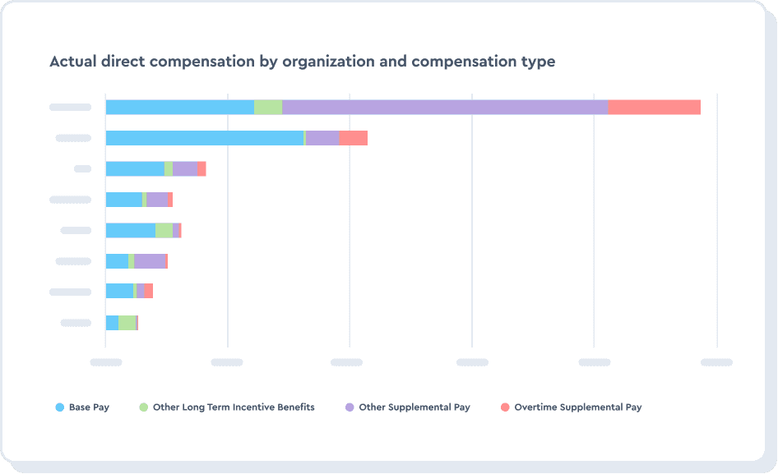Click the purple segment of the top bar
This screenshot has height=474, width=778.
pos(444,107)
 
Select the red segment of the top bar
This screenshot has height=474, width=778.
pos(654,107)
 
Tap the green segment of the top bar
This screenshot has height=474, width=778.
pos(268,107)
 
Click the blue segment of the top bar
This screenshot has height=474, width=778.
pos(179,107)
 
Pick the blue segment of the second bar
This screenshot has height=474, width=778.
pos(204,138)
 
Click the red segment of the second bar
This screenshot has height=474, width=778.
pos(353,138)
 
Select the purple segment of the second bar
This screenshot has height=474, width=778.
pos(322,138)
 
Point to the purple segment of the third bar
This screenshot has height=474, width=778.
pos(184,168)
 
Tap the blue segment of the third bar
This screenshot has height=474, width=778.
pos(135,168)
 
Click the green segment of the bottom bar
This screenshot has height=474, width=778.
pos(127,323)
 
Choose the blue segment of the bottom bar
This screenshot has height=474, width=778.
pos(112,323)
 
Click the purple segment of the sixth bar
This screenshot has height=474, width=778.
pos(150,261)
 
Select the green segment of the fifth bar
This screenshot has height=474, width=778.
pos(164,230)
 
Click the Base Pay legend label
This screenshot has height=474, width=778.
pos(89,407)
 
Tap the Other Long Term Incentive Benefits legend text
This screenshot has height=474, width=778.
pos(234,407)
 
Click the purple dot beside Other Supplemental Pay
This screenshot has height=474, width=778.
pos(350,407)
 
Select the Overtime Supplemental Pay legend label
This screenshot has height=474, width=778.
pos(577,407)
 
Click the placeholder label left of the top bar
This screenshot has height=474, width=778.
pos(70,107)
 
